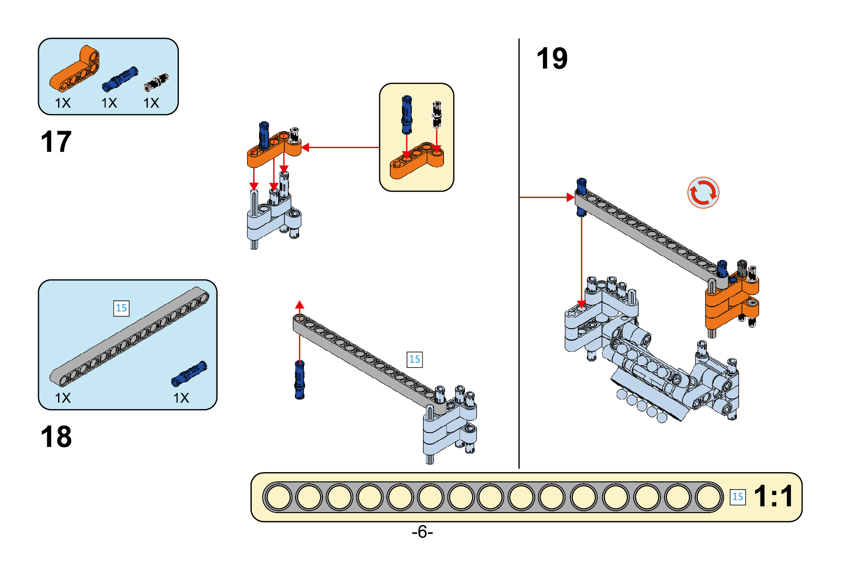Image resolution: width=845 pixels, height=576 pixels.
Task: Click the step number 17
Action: pos(56,142)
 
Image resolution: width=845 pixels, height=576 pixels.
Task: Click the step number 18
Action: pos(56,437)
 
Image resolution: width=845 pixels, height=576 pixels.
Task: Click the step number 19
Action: pos(552,59)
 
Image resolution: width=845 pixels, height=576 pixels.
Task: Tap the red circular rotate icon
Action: pos(703,193)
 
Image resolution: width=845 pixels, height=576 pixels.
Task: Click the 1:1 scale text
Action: pos(773,497)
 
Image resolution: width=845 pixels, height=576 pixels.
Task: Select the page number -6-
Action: pos(422,532)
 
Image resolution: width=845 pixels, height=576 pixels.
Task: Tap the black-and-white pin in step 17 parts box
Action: pos(157,82)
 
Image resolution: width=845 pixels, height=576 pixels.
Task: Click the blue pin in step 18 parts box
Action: pos(189,374)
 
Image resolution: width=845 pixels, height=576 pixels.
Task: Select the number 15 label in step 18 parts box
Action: pos(121,308)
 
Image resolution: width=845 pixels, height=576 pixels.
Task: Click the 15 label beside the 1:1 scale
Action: pos(737,497)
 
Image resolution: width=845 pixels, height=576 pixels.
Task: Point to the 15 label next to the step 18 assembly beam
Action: pos(414,359)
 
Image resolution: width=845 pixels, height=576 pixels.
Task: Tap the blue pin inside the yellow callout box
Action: pos(406,115)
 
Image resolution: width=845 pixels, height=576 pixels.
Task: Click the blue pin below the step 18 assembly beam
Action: pos(300,380)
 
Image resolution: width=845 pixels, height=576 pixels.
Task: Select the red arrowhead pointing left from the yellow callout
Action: pos(306,147)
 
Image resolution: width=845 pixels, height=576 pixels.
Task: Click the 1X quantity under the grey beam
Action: pos(62,398)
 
